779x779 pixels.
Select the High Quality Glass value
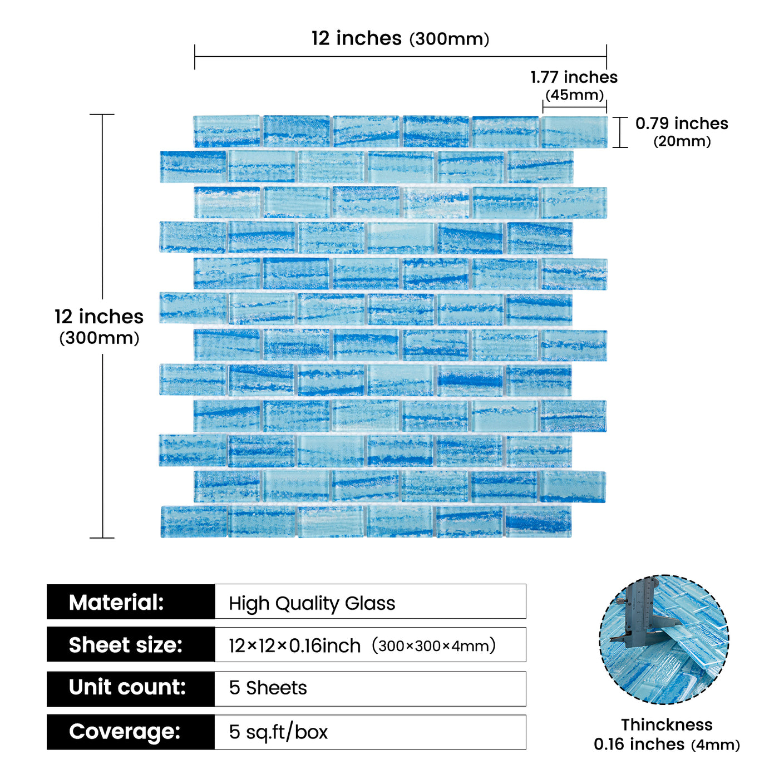[x=312, y=603]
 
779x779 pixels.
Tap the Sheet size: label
[x=125, y=645]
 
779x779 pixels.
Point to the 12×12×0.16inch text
[x=294, y=645]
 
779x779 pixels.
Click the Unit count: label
[x=127, y=687]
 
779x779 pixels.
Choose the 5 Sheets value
[x=268, y=688]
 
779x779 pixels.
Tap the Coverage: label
[x=125, y=731]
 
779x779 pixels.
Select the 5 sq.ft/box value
[x=278, y=732]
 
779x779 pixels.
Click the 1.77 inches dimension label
[x=574, y=77]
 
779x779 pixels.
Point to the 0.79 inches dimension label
[x=681, y=124]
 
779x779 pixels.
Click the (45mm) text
[x=574, y=95]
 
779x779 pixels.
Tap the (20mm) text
[x=682, y=141]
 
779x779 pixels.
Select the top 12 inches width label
[x=357, y=38]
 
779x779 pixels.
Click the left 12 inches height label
[x=99, y=316]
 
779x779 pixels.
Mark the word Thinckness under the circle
[x=667, y=725]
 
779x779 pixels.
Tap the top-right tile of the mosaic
[x=574, y=132]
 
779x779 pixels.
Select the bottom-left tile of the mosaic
[x=194, y=521]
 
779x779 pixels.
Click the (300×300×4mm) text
[x=433, y=645]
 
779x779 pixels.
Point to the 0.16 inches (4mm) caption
[x=667, y=745]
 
